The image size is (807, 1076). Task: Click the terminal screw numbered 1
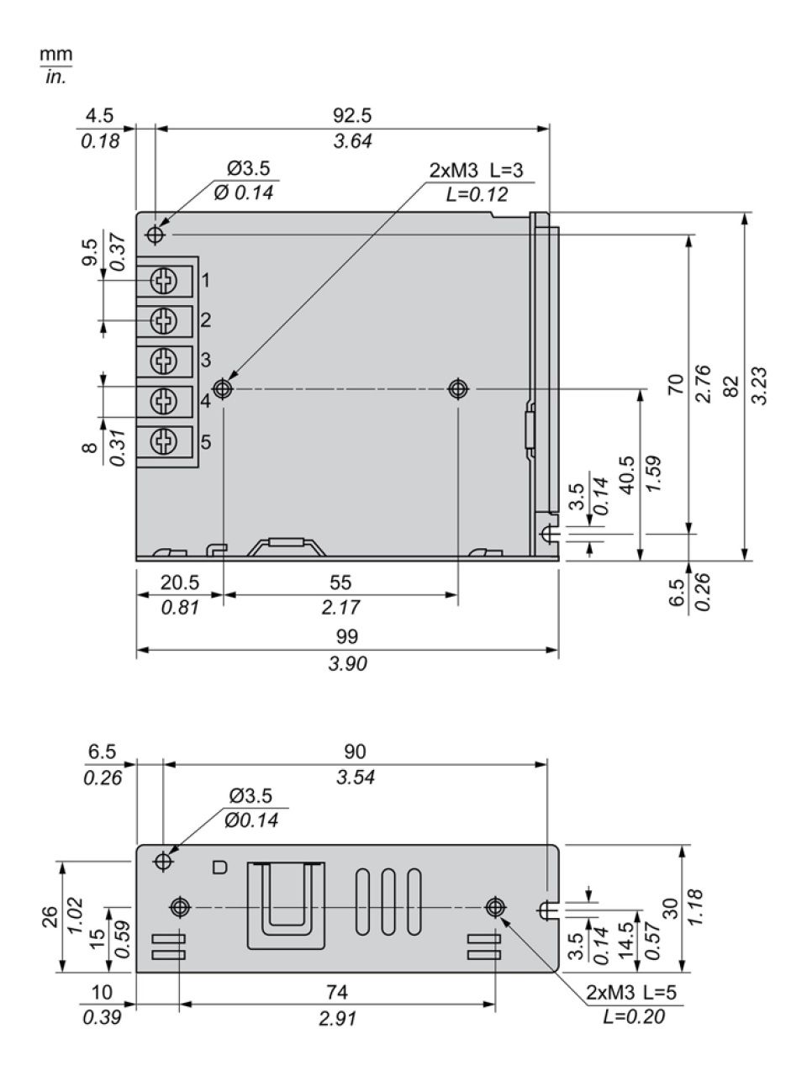point(163,281)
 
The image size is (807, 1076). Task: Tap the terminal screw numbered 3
point(163,361)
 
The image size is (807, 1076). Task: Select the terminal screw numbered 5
point(163,441)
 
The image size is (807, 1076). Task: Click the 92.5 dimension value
point(352,116)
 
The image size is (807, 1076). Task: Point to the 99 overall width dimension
point(347,637)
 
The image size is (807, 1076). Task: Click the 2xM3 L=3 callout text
point(477,170)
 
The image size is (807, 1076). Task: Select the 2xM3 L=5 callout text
point(631,992)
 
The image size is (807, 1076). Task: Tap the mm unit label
point(55,54)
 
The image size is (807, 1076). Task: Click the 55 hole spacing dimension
point(340,583)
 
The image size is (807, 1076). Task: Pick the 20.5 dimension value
point(180,583)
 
